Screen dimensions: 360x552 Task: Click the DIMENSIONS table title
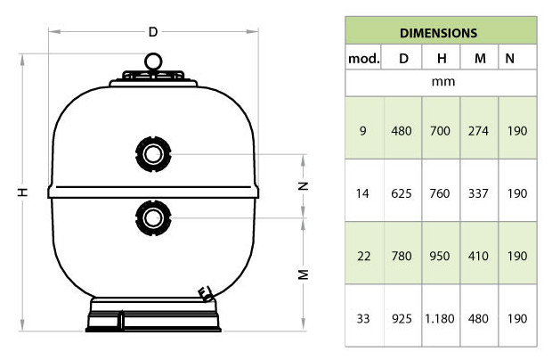pos(439,33)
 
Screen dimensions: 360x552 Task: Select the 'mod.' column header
pos(363,59)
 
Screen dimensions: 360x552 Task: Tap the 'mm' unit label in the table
pos(439,81)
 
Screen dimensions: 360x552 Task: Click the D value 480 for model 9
pos(402,131)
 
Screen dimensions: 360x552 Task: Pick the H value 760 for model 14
pos(442,192)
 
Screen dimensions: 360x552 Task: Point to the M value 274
pos(480,131)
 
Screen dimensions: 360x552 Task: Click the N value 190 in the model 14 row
pos(515,192)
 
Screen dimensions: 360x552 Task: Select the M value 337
pos(480,192)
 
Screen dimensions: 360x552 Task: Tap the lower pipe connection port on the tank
pos(152,215)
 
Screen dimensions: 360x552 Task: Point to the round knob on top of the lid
pos(152,61)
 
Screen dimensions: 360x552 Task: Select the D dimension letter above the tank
pos(152,31)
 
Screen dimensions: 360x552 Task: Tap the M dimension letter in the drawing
pos(303,274)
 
